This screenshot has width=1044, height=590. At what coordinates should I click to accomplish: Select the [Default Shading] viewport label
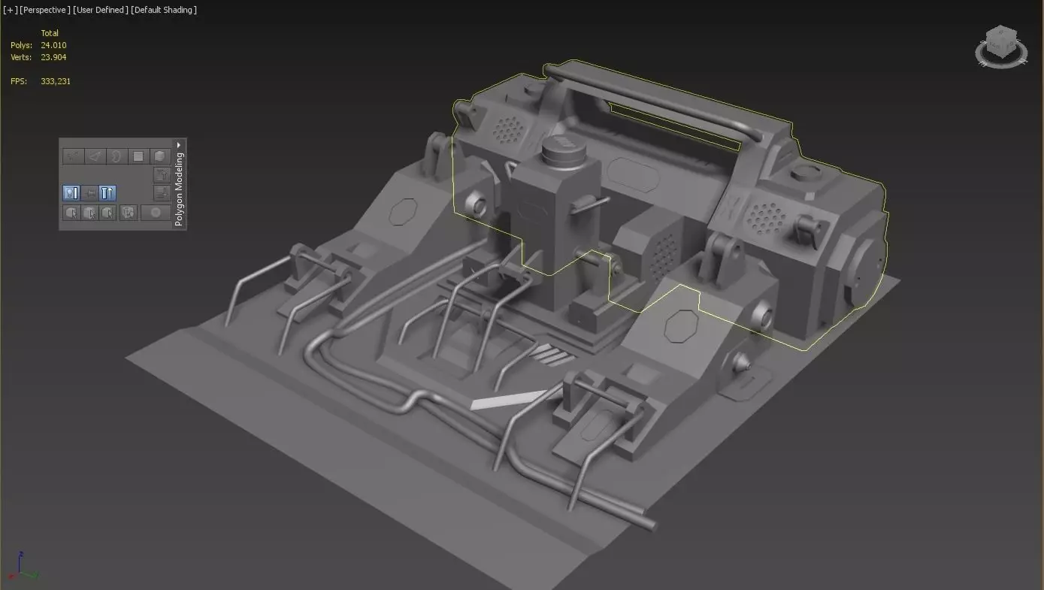click(164, 10)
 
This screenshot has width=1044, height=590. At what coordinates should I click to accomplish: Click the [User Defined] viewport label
click(100, 10)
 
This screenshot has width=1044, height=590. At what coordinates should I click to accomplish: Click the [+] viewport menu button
click(10, 10)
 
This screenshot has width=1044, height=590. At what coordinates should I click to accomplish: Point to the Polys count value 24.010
click(53, 45)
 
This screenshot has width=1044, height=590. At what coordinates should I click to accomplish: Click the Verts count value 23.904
click(53, 57)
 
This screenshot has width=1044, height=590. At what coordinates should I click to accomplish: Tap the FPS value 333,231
click(56, 81)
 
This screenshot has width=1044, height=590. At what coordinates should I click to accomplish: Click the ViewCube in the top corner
click(1000, 46)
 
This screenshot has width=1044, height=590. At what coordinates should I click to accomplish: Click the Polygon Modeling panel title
click(179, 189)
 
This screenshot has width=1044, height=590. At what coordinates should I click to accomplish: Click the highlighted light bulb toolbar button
click(71, 193)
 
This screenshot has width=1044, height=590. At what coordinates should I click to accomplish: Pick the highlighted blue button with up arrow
click(107, 193)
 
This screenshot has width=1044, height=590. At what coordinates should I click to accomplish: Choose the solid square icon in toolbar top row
click(138, 156)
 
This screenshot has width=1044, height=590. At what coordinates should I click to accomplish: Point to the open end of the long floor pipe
click(649, 524)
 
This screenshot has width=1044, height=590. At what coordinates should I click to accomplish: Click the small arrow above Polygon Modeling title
click(179, 144)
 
